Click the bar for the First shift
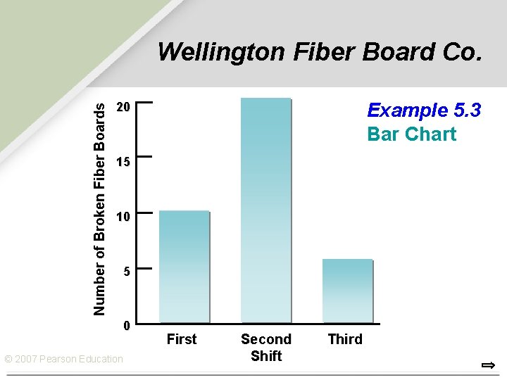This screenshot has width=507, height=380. (x=184, y=267)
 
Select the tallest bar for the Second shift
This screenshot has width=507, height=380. (x=265, y=210)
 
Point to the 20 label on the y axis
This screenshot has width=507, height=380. (x=123, y=107)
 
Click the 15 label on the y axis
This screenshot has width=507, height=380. (x=123, y=163)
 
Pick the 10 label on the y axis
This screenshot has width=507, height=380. (x=123, y=217)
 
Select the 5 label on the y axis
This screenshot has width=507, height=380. (x=126, y=271)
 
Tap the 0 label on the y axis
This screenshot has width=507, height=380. (x=126, y=326)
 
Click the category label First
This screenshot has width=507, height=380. (x=182, y=339)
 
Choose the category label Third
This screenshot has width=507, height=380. (x=345, y=339)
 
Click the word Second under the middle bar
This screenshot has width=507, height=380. (x=266, y=339)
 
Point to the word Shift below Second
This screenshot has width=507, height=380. (x=266, y=356)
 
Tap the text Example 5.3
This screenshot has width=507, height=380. (x=424, y=110)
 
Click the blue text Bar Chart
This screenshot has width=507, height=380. (x=412, y=134)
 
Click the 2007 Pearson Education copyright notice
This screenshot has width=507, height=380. (x=63, y=359)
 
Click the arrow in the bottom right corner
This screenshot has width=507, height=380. (x=488, y=365)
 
